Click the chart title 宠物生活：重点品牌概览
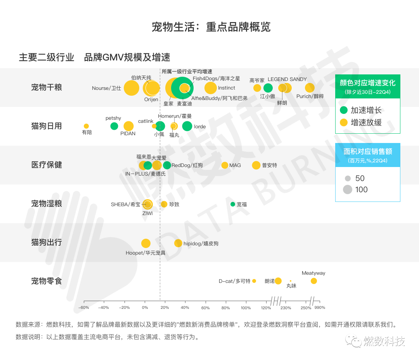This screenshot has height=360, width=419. pyautogui.click(x=211, y=27)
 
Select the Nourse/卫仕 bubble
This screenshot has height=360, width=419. pyautogui.click(x=132, y=88)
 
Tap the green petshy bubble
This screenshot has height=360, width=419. pyautogui.click(x=114, y=126)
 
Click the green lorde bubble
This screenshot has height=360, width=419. pyautogui.click(x=187, y=126)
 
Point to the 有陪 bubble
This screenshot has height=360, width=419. pyautogui.click(x=86, y=126)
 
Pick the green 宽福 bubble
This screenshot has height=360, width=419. pyautogui.click(x=233, y=204)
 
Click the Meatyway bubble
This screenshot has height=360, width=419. pyautogui.click(x=313, y=281)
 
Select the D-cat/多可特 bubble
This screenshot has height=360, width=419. pyautogui.click(x=254, y=281)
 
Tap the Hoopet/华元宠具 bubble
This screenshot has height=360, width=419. pyautogui.click(x=146, y=243)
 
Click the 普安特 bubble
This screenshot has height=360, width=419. pyautogui.click(x=256, y=165)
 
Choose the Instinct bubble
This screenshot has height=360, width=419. pyautogui.click(x=210, y=88)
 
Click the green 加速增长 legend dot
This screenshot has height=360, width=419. pyautogui.click(x=344, y=110)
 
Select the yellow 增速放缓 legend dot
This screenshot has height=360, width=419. pyautogui.click(x=344, y=122)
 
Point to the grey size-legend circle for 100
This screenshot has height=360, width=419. pyautogui.click(x=348, y=189)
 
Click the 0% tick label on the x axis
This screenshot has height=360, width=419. pyautogui.click(x=145, y=308)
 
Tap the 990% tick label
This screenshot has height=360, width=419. pyautogui.click(x=320, y=308)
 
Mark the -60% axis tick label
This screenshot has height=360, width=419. pyautogui.click(x=84, y=308)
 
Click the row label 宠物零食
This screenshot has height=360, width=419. pyautogui.click(x=47, y=281)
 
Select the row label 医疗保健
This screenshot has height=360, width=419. pyautogui.click(x=47, y=165)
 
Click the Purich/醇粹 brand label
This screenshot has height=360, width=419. pyautogui.click(x=310, y=96)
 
